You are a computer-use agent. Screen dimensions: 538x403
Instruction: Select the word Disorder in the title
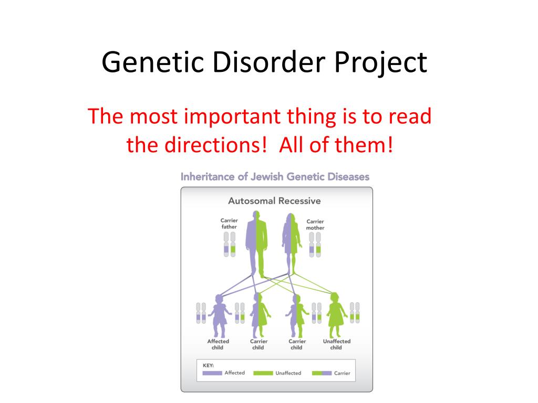pyautogui.click(x=268, y=62)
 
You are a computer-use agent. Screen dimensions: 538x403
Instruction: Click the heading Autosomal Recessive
pyautogui.click(x=274, y=201)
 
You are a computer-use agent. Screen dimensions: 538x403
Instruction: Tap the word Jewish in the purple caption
pyautogui.click(x=267, y=177)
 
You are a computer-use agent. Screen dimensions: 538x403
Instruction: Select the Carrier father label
pyautogui.click(x=229, y=224)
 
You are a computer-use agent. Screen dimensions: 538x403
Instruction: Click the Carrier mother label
pyautogui.click(x=315, y=225)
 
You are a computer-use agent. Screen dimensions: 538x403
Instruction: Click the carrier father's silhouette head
pyautogui.click(x=256, y=217)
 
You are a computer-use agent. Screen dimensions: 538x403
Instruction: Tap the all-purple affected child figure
pyautogui.click(x=219, y=315)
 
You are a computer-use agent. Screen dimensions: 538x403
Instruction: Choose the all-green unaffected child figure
pyautogui.click(x=336, y=315)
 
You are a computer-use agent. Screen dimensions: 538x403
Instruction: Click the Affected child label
pyautogui.click(x=218, y=344)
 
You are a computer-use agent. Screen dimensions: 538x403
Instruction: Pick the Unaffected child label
pyautogui.click(x=337, y=344)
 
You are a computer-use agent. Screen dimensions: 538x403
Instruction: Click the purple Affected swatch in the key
pyautogui.click(x=212, y=373)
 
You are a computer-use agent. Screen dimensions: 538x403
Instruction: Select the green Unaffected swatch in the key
pyautogui.click(x=263, y=373)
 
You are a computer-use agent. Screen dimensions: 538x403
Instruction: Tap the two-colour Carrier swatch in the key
pyautogui.click(x=322, y=373)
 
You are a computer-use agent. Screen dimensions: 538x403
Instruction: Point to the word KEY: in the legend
pyautogui.click(x=208, y=365)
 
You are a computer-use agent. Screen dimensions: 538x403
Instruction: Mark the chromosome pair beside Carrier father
pyautogui.click(x=230, y=245)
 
